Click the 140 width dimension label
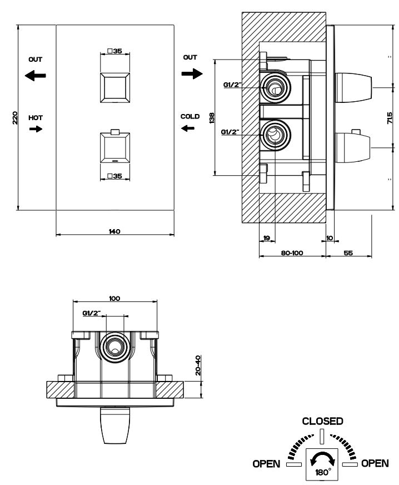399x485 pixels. (114, 231)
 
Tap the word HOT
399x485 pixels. (36, 118)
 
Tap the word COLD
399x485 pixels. (189, 117)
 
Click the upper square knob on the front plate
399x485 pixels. (115, 87)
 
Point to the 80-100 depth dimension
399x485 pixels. (292, 253)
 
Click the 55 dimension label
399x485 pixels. (348, 253)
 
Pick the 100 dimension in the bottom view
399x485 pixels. (114, 299)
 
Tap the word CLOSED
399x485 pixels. (322, 421)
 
